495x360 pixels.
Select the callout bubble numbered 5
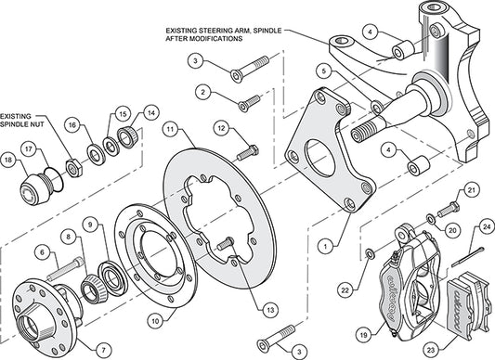coord(320,69)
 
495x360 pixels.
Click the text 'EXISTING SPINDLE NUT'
coord(27,113)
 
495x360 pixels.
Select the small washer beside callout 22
coord(371,251)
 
